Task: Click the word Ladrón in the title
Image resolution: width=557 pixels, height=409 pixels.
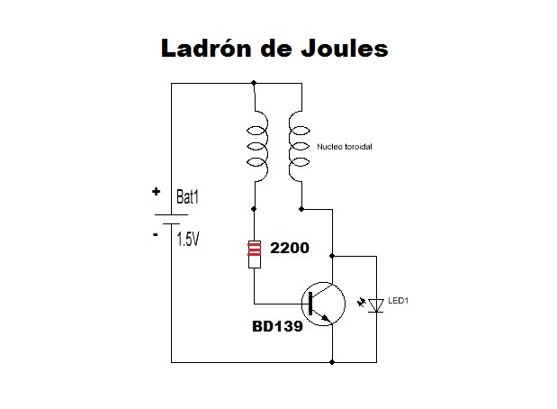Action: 206,48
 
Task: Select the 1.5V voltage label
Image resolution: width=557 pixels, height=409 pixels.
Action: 188,240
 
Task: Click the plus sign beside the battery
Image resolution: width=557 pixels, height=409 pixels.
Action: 156,192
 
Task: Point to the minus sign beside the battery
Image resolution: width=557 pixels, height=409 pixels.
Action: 156,234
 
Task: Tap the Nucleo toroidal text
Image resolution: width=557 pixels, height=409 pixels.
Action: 346,146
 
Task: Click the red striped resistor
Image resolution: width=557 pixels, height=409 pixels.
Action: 255,253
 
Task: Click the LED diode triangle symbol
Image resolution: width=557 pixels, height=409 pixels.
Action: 378,306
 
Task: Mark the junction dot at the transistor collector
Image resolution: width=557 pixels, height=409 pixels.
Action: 333,255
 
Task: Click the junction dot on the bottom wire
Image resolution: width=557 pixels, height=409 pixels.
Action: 333,363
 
